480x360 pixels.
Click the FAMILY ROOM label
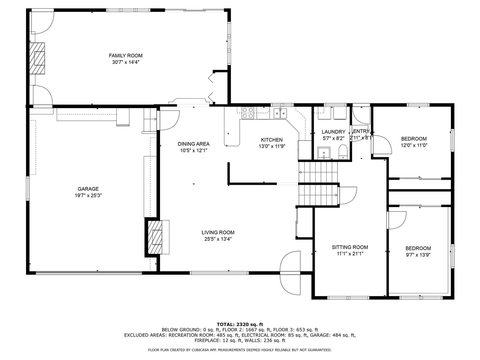(x=126, y=56)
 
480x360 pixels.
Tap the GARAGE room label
(x=88, y=189)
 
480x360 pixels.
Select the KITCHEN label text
(x=272, y=140)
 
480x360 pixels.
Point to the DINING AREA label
(x=194, y=144)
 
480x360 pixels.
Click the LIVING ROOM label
(x=218, y=232)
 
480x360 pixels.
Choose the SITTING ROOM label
(x=350, y=247)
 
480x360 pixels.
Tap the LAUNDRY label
(x=333, y=132)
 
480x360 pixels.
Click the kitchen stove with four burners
(x=248, y=113)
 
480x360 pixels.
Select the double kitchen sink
(x=280, y=113)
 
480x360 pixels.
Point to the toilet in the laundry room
(x=343, y=152)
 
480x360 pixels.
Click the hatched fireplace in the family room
(x=37, y=58)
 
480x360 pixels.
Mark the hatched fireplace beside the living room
(x=155, y=237)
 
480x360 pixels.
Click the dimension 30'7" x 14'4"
(x=126, y=62)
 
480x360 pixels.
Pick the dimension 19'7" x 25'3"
(x=88, y=195)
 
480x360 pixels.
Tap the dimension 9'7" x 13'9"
(x=418, y=255)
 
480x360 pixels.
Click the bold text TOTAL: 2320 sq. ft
(x=240, y=324)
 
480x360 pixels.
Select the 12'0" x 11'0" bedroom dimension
(x=414, y=145)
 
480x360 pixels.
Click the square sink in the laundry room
(x=324, y=153)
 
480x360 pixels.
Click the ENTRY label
(x=361, y=131)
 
